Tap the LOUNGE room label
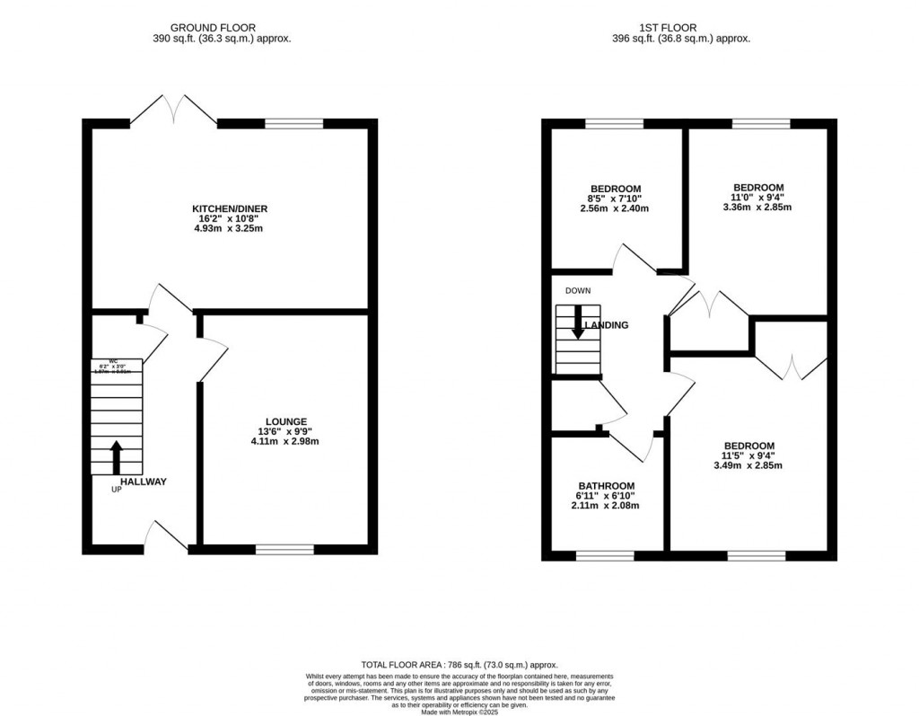coord(285,421)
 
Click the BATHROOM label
coord(606,485)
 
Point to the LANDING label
coord(608,325)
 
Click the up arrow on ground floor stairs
coord(116,456)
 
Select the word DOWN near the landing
coord(578,291)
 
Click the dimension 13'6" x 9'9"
coord(285,431)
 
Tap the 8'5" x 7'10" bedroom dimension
coord(615,199)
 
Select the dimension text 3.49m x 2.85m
coord(748,465)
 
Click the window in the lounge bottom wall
coord(284,548)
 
